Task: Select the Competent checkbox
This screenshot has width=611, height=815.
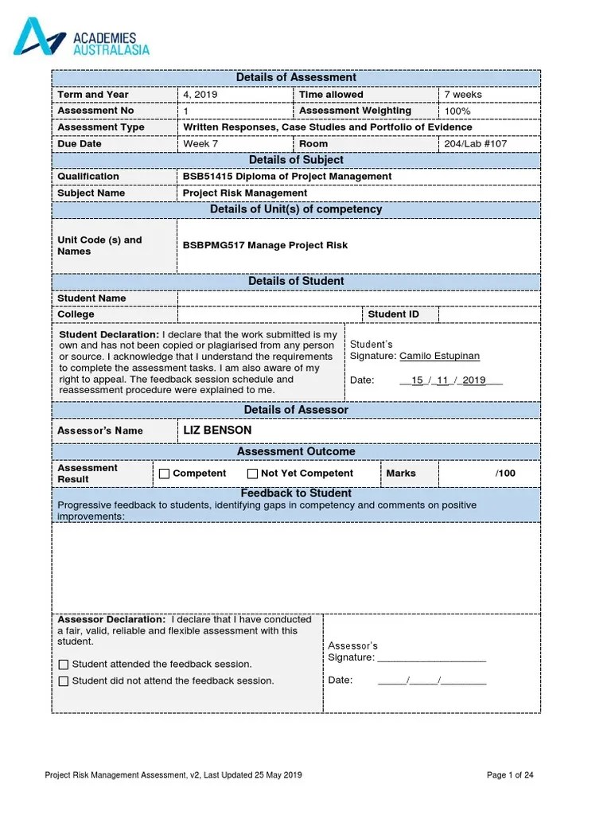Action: click(x=165, y=474)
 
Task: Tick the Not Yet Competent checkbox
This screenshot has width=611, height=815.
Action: click(x=252, y=474)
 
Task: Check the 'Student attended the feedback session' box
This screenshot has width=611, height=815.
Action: click(x=64, y=665)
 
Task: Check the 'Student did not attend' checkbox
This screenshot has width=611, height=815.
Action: click(x=64, y=681)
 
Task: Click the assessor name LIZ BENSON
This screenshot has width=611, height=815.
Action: click(x=217, y=431)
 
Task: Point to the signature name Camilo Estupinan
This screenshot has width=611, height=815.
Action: click(x=439, y=356)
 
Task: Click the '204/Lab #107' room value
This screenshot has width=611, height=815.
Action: click(x=475, y=144)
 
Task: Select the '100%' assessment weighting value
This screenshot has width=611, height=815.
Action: click(x=457, y=111)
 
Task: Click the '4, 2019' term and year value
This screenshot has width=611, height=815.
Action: click(x=200, y=95)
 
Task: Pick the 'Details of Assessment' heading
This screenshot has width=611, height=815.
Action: click(x=296, y=77)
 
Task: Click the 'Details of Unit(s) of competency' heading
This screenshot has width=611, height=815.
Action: click(x=296, y=209)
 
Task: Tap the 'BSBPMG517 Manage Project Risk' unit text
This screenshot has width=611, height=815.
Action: click(x=265, y=245)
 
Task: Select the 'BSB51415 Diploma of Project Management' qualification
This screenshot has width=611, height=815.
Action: click(x=287, y=177)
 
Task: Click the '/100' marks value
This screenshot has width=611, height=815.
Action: click(x=505, y=474)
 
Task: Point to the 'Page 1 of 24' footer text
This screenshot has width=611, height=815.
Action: click(x=509, y=775)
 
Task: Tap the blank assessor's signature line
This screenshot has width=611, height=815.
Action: click(x=431, y=658)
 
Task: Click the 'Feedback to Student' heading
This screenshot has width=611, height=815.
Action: click(x=296, y=493)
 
